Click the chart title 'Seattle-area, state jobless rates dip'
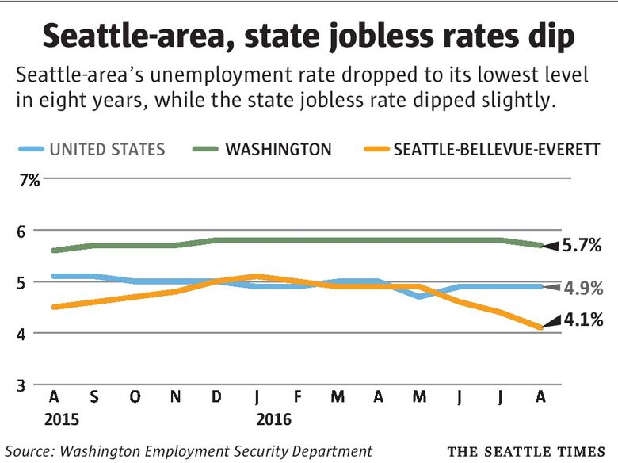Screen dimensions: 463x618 [309, 36]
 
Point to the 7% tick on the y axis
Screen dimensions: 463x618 [29, 181]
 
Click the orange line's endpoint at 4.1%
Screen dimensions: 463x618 [540, 327]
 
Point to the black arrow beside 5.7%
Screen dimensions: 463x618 [552, 245]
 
